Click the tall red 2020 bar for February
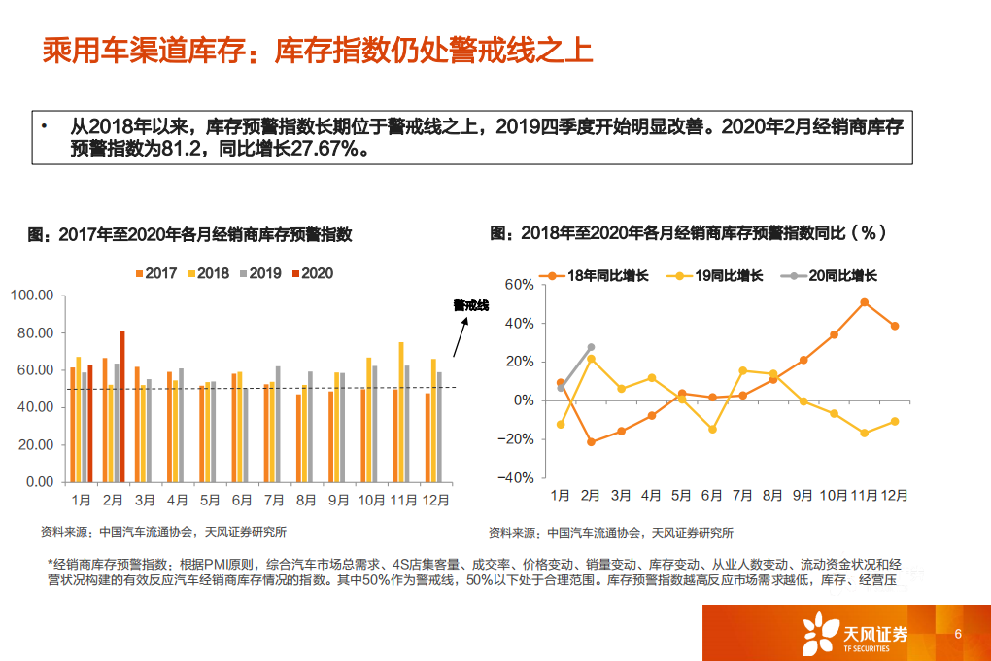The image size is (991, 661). pyautogui.click(x=122, y=406)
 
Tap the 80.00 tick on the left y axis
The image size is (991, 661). pyautogui.click(x=33, y=333)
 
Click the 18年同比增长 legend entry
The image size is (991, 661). pyautogui.click(x=598, y=276)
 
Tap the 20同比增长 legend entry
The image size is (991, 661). pyautogui.click(x=833, y=276)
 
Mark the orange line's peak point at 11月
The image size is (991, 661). pyautogui.click(x=864, y=302)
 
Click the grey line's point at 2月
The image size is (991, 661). pyautogui.click(x=591, y=347)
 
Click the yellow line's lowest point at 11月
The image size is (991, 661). pyautogui.click(x=864, y=433)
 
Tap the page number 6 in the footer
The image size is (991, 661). pyautogui.click(x=958, y=635)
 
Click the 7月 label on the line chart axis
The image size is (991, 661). pyautogui.click(x=742, y=496)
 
